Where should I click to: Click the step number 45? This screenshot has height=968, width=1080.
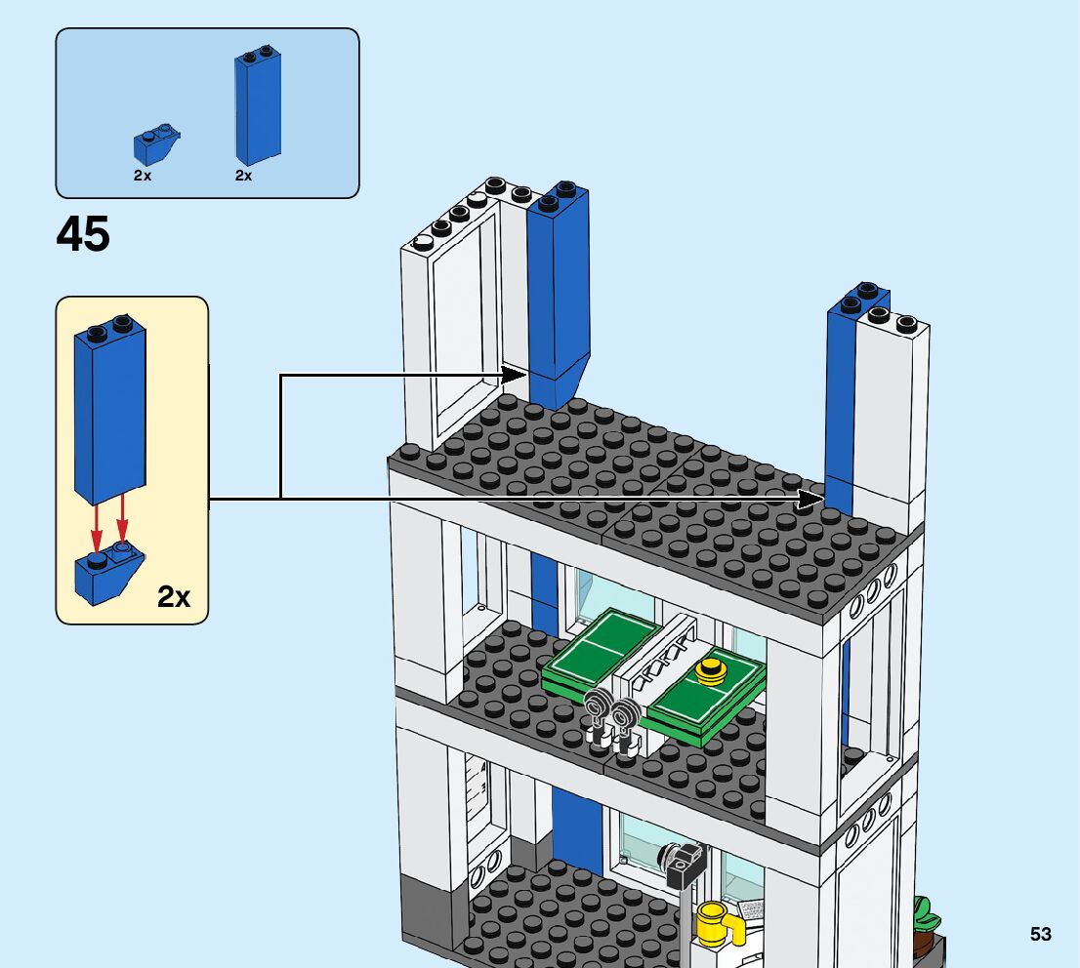pyautogui.click(x=83, y=235)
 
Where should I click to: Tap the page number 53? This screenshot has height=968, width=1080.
pyautogui.click(x=1040, y=934)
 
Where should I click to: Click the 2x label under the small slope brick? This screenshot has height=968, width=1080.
pyautogui.click(x=143, y=176)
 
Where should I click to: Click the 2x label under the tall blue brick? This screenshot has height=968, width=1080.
pyautogui.click(x=243, y=176)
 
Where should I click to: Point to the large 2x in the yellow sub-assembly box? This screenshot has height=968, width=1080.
pyautogui.click(x=174, y=596)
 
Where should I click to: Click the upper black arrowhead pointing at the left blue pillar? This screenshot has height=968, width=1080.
pyautogui.click(x=515, y=374)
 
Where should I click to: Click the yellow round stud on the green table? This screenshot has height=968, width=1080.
pyautogui.click(x=712, y=670)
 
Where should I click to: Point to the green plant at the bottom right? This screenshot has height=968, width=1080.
pyautogui.click(x=924, y=917)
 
